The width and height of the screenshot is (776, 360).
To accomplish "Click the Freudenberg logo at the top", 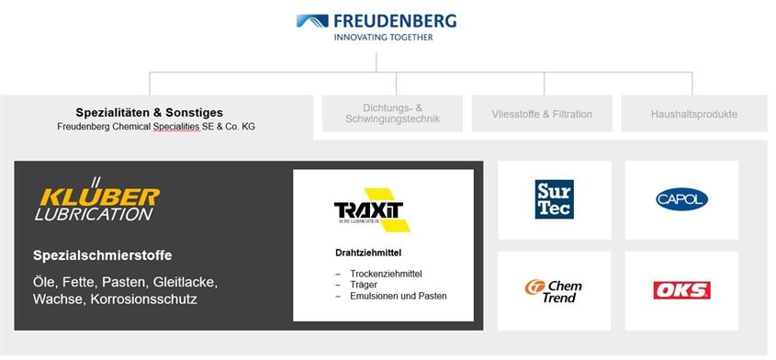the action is pos(377,22).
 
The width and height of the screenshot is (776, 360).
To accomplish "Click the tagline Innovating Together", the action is pos(383,37).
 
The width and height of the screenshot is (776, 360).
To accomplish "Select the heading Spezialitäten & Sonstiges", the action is pos(150,113).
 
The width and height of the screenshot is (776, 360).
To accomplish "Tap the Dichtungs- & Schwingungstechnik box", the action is pos(392,113).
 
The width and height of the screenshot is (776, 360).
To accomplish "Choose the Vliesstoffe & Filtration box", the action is pos(542,114).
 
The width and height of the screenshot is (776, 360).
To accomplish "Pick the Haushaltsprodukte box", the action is pos(694,114).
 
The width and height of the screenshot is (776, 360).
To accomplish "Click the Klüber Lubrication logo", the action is pos(97,199).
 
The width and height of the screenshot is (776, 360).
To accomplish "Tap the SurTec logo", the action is pos(555,199).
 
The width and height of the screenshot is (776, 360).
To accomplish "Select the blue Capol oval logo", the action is pos(681,199).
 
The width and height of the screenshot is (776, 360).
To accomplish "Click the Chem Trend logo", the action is pos(553,291).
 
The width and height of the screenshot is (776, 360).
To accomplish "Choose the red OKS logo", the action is pos(681,290).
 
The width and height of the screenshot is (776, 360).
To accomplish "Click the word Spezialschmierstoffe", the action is pos(103,255).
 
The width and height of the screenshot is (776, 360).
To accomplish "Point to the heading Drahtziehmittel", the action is pos(368,253).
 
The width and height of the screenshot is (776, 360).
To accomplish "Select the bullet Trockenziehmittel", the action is pos(386,274).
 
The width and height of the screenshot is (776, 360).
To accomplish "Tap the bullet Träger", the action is pos(364,285).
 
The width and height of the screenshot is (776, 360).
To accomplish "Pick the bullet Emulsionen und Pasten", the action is pos(399,296).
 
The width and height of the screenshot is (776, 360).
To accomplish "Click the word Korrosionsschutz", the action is pos(144,299).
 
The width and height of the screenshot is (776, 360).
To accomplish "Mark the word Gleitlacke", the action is pos(186,283).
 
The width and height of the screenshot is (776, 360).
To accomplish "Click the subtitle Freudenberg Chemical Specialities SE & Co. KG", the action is pos(156,127).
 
